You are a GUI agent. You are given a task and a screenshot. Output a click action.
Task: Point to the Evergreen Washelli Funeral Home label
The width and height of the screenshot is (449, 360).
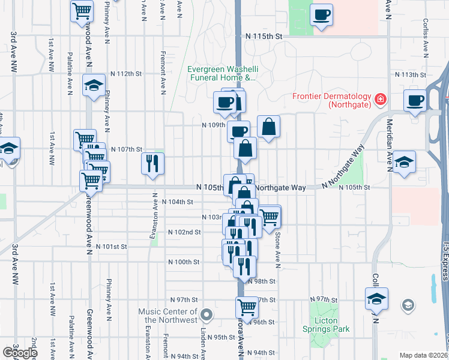coord(221,73)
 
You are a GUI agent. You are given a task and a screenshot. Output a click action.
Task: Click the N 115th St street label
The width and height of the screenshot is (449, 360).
coord(264,37)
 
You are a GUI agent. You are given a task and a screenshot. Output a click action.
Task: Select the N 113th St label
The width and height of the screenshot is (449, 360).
coord(409,74)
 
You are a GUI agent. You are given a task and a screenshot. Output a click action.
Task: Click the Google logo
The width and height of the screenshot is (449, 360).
coord(19,353)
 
